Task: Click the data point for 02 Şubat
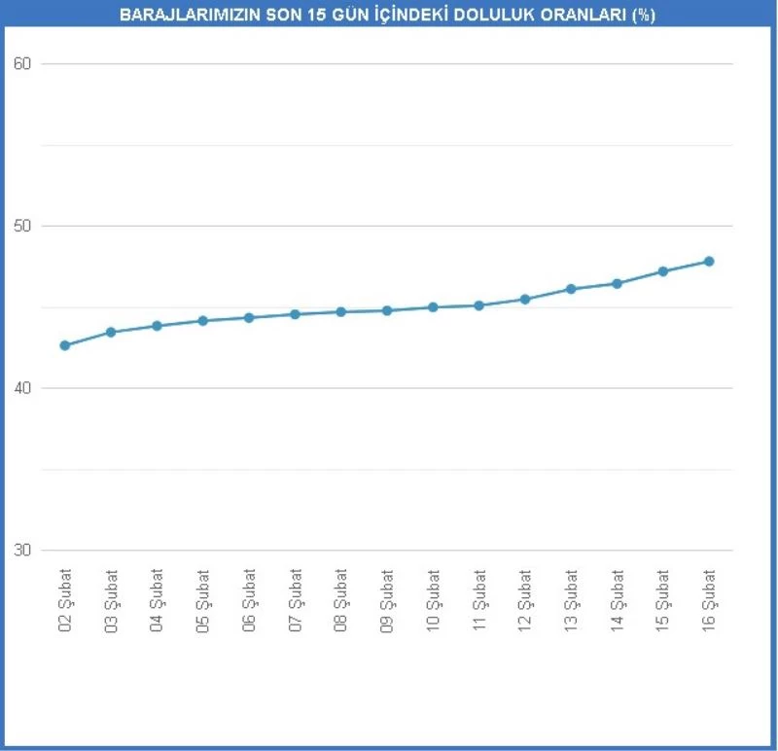pos(65,345)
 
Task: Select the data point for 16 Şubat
pos(709,261)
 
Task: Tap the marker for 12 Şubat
pos(525,299)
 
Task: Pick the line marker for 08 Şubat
pos(341,311)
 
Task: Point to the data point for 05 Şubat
pos(203,320)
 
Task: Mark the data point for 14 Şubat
pos(617,283)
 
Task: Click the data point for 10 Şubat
pos(433,307)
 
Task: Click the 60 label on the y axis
pos(22,64)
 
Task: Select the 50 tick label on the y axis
pos(22,226)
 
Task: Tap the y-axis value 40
pos(22,388)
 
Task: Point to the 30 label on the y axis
pos(22,551)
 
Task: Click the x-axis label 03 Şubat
pos(111,600)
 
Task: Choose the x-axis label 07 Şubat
pos(295,600)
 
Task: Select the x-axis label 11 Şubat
pos(478,600)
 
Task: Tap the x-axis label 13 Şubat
pos(571,600)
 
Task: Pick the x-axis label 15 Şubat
pos(662,600)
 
